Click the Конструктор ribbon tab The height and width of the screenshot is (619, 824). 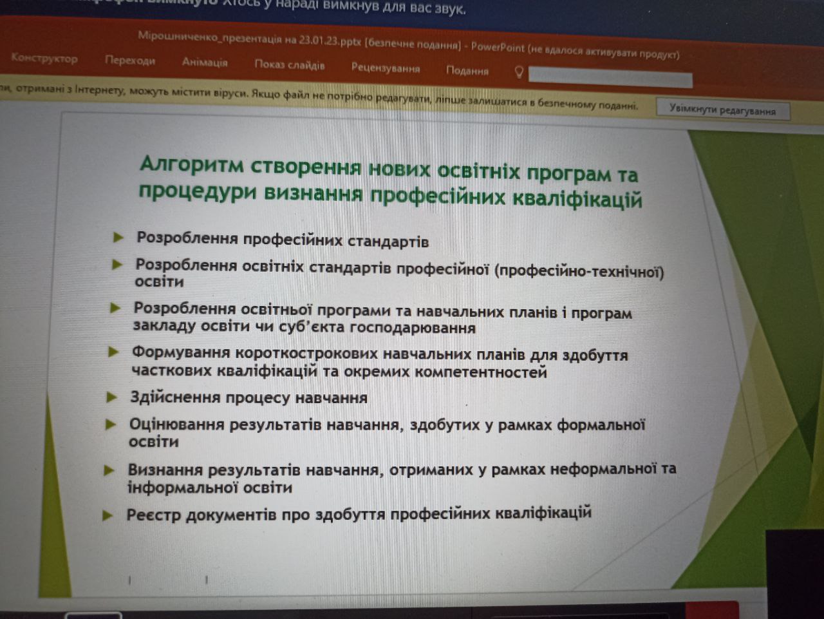[x=44, y=59]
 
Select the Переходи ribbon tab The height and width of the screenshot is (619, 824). [x=130, y=61]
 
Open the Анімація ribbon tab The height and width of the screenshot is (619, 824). [x=205, y=62]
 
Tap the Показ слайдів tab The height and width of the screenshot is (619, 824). [x=290, y=65]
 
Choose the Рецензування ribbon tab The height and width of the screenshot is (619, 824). [x=386, y=68]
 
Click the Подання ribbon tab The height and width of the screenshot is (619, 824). [x=467, y=70]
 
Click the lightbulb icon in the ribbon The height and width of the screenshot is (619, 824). [x=519, y=71]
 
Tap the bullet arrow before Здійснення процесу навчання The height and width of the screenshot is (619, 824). [x=112, y=397]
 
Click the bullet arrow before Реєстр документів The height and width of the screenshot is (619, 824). [x=108, y=515]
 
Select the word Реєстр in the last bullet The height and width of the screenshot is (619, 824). [x=154, y=515]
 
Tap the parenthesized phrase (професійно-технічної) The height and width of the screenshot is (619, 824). [x=579, y=272]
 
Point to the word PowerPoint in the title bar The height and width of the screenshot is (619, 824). [x=498, y=48]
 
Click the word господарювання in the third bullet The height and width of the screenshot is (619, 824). [x=413, y=328]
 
